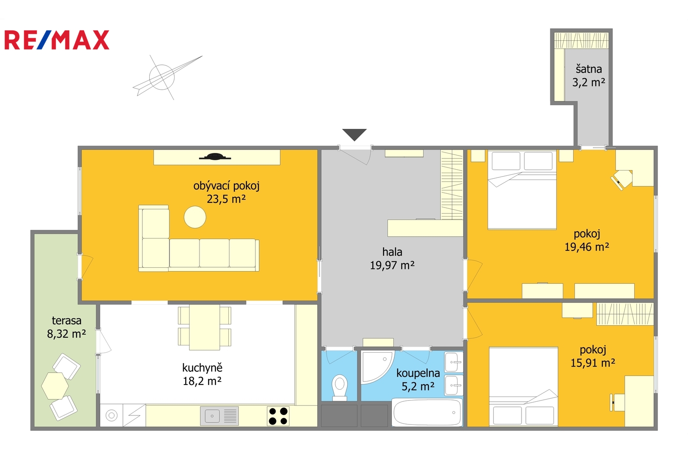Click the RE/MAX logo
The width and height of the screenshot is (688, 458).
point(57,40)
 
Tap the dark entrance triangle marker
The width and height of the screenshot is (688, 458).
point(354,134)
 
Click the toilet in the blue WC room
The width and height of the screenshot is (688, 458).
point(339,388)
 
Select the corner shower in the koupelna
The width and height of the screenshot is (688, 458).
point(376,367)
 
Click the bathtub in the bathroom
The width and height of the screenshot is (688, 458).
point(427,412)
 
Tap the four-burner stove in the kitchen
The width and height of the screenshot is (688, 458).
point(278,416)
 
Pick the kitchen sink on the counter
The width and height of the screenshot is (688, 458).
point(219,416)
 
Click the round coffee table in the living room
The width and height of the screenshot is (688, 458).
point(195,217)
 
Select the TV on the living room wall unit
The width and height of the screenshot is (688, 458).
point(215,157)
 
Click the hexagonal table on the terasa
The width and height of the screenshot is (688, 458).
point(55,385)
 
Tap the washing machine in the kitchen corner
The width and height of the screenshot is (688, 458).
point(111,415)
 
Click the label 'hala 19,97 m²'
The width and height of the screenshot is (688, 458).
point(392,259)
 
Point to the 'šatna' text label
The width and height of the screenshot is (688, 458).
point(589,69)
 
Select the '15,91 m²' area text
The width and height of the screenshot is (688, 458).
point(593,363)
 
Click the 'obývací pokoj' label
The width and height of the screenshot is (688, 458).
point(226,186)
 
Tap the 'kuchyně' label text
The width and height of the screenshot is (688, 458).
point(202,367)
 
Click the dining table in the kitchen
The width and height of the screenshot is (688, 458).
point(205,327)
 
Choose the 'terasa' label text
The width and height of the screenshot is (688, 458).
point(67,321)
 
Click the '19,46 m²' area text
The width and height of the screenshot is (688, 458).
point(587,247)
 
